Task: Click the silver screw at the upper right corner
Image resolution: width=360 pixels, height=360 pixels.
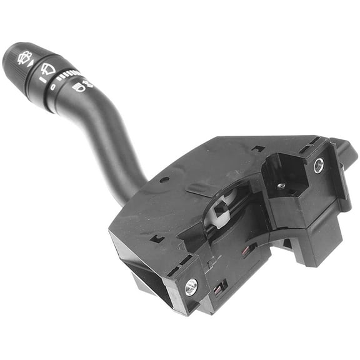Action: coord(319,166)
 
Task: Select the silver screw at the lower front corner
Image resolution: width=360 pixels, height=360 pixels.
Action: coord(191,286)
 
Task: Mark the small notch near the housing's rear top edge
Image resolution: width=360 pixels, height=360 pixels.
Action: coord(256,148)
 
